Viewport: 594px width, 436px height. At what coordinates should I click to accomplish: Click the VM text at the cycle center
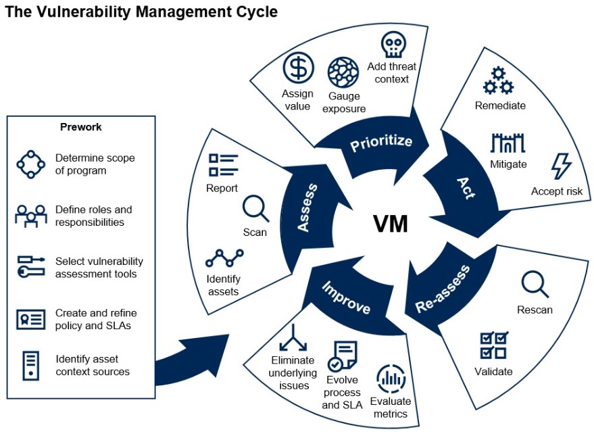[x=391, y=224]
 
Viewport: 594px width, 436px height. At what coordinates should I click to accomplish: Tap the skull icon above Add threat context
[x=393, y=45]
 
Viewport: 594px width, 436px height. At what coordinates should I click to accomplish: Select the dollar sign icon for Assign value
[x=299, y=68]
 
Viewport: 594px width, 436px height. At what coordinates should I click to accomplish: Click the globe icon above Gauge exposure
[x=343, y=72]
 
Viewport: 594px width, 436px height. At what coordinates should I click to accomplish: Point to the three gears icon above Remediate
[x=498, y=80]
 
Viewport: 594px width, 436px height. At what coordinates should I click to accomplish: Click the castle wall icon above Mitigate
[x=508, y=143]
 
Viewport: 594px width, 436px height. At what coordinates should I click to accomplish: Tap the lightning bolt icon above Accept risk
[x=561, y=166]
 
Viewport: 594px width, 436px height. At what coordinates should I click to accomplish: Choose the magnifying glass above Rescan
[x=535, y=284]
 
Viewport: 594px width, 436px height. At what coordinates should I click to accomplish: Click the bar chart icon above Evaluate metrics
[x=391, y=379]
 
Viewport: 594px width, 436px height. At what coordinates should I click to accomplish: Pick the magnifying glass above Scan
[x=255, y=209]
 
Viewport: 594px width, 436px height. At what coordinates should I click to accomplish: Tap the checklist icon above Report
[x=224, y=165]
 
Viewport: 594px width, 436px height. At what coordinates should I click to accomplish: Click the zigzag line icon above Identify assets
[x=224, y=258]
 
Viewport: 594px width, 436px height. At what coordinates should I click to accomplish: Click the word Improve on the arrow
[x=346, y=298]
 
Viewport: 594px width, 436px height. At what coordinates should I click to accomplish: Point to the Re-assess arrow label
[x=443, y=289]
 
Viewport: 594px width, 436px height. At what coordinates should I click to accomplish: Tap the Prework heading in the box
[x=80, y=127]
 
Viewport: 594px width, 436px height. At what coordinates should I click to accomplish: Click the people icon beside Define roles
[x=31, y=216]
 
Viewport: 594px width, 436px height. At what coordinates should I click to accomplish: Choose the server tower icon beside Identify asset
[x=30, y=365]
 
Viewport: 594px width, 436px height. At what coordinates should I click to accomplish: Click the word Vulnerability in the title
[x=84, y=12]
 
